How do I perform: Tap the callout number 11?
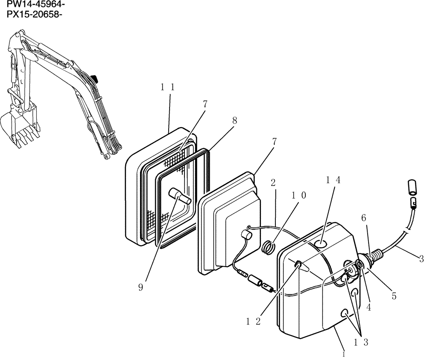[x=168, y=87]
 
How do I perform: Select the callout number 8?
[x=234, y=121]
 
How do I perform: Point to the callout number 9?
[x=140, y=287]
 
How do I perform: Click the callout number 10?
[x=299, y=195]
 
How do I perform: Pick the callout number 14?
[x=333, y=180]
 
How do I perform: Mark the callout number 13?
[x=361, y=341]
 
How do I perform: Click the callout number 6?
[x=363, y=218]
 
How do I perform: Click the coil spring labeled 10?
[x=267, y=247]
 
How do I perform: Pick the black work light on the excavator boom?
[x=95, y=79]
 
